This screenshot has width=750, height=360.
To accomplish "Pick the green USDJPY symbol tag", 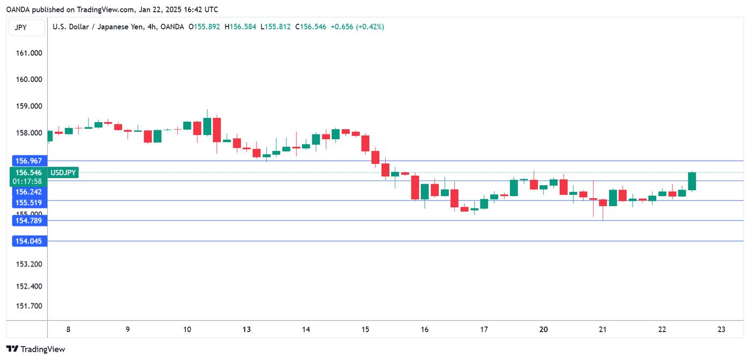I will [x=63, y=172].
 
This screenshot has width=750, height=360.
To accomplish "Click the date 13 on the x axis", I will [x=246, y=329].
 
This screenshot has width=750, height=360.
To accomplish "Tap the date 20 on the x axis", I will [x=543, y=329].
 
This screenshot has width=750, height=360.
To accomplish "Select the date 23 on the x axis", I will [x=721, y=329].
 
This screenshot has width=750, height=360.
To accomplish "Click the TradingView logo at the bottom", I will [x=36, y=349].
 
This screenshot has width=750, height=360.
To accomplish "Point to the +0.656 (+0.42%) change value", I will [x=357, y=27].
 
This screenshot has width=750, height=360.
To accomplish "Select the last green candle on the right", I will [x=692, y=182].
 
